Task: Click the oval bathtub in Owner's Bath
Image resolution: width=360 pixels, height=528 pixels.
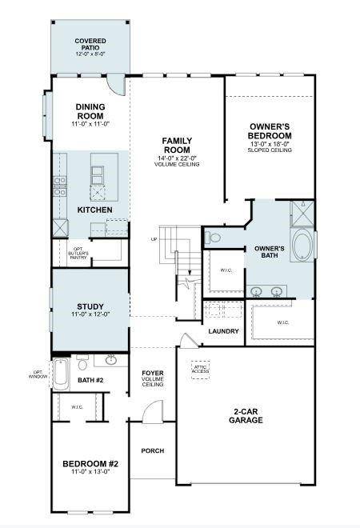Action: click(x=303, y=246)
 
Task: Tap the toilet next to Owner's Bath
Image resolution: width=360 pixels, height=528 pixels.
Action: click(x=212, y=238)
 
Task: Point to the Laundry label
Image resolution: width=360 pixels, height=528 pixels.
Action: click(x=223, y=330)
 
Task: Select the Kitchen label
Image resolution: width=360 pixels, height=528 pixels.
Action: click(x=94, y=210)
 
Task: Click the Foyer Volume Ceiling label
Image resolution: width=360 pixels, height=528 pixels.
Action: click(x=153, y=378)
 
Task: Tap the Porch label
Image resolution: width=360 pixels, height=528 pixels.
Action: click(x=152, y=450)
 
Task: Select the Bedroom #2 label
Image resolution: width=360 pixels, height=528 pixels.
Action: click(x=90, y=464)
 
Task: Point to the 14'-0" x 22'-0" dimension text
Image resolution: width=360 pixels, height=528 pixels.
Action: click(x=178, y=158)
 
